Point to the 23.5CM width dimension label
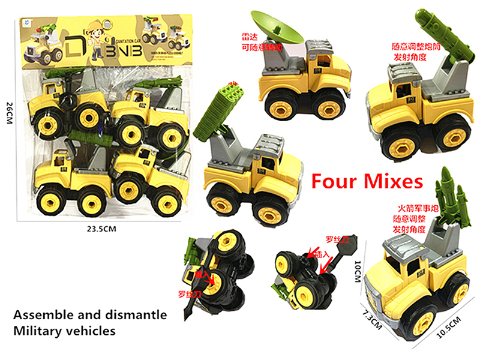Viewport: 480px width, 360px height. point(103,228)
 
